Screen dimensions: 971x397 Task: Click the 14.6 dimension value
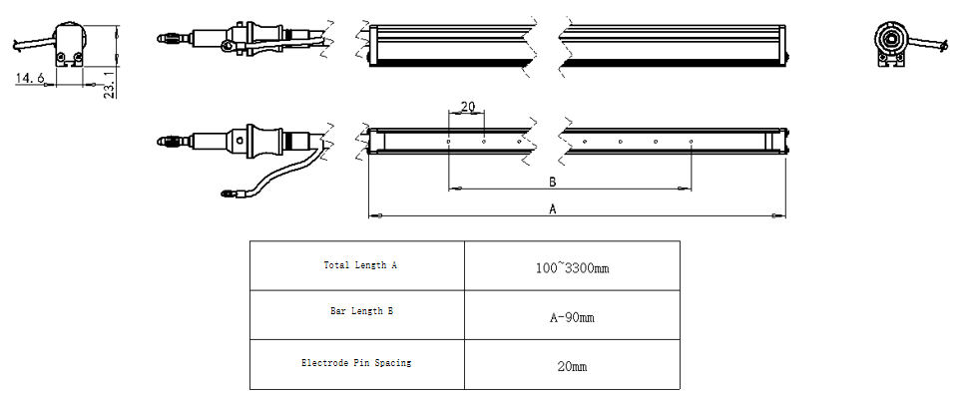pyautogui.click(x=30, y=78)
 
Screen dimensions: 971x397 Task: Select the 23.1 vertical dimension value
pyautogui.click(x=109, y=85)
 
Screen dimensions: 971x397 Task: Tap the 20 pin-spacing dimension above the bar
pyautogui.click(x=468, y=107)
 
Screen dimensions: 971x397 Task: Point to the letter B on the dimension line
pyautogui.click(x=553, y=183)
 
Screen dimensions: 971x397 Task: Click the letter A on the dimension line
pyautogui.click(x=553, y=209)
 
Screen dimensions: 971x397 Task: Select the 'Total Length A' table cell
pyautogui.click(x=357, y=265)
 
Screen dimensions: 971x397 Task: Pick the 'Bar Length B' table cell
pyautogui.click(x=357, y=315)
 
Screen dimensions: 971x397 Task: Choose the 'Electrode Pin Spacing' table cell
pyautogui.click(x=357, y=365)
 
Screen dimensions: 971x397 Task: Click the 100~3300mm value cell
pyautogui.click(x=572, y=265)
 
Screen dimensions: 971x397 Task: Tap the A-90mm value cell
pyautogui.click(x=572, y=315)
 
